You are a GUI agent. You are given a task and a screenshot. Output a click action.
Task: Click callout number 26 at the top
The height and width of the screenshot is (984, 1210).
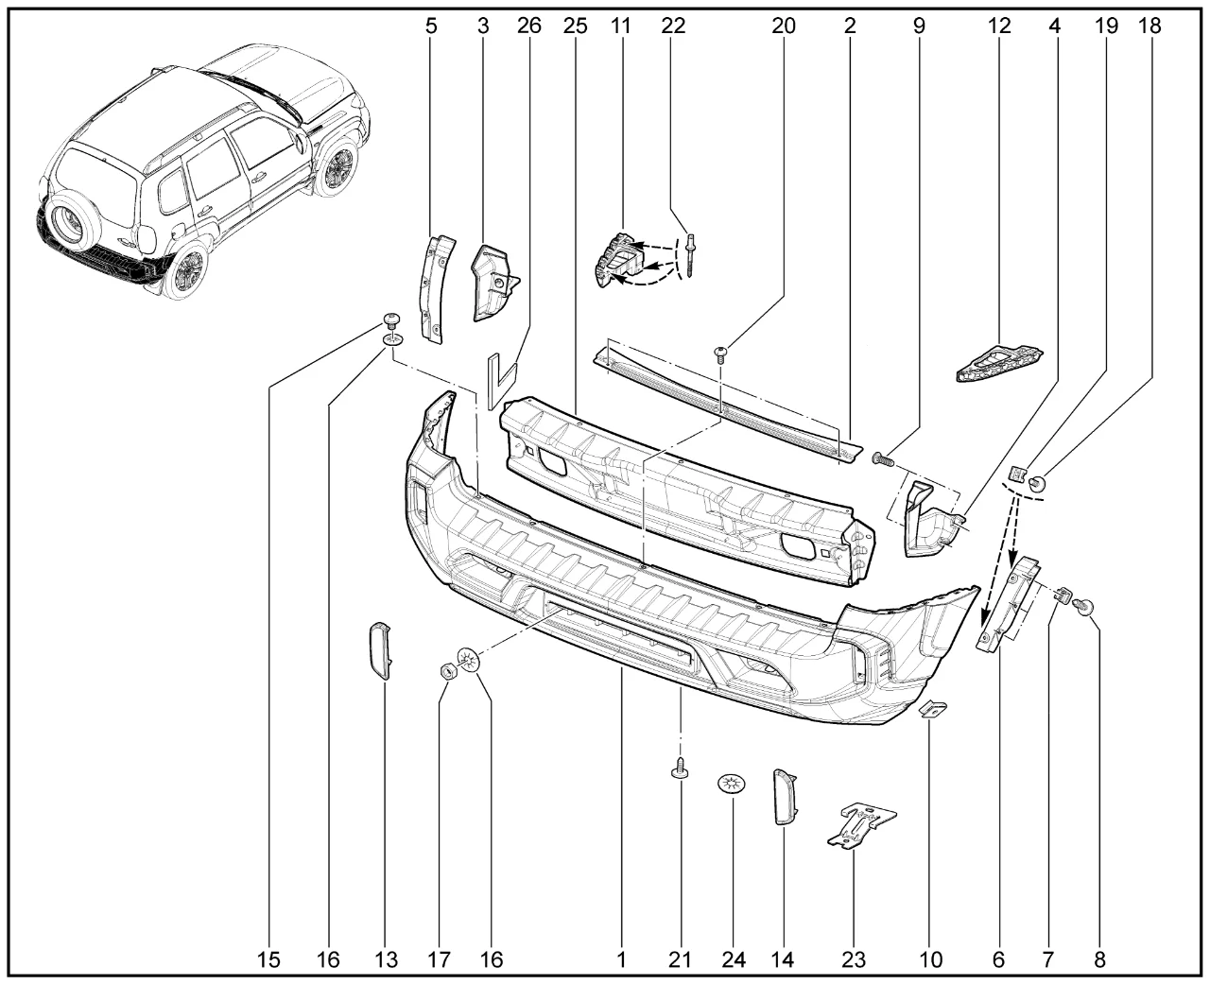(528, 26)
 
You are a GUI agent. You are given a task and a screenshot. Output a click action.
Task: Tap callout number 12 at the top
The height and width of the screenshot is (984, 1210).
(999, 26)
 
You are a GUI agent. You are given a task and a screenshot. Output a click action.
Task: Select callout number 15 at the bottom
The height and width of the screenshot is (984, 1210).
(268, 959)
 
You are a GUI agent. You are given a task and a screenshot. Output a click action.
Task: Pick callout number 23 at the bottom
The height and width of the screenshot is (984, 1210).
(854, 959)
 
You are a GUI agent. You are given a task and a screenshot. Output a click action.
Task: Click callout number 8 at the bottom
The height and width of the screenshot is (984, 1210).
(1099, 959)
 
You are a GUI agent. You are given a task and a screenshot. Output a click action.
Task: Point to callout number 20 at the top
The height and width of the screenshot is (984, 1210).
(784, 26)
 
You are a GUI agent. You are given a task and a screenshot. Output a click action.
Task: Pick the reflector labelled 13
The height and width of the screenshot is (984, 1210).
(379, 651)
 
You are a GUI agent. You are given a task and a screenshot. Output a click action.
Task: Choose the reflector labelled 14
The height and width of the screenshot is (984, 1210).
(785, 797)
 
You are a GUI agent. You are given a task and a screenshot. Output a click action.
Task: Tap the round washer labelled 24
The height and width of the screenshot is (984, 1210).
(732, 785)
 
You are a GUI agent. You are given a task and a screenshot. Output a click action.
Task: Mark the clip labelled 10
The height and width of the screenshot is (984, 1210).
(933, 710)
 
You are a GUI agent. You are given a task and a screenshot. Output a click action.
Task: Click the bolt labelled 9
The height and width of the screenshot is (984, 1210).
(883, 457)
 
